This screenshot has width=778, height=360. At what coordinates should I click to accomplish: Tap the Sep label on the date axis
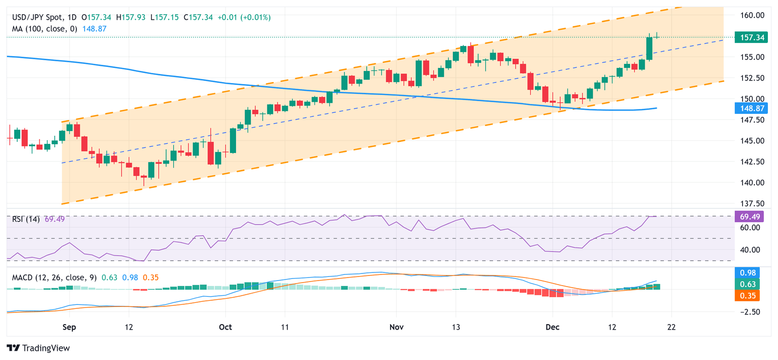click(x=69, y=327)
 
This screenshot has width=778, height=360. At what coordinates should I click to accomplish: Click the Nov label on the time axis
click(x=397, y=327)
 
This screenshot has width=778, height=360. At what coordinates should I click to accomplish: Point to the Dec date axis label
click(x=553, y=327)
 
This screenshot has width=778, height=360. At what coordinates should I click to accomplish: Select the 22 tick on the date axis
click(x=672, y=327)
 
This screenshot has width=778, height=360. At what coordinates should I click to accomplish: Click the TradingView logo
click(x=38, y=348)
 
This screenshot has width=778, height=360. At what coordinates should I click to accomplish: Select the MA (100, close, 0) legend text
click(x=45, y=29)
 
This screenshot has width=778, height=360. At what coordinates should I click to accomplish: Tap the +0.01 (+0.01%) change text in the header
click(x=244, y=17)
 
